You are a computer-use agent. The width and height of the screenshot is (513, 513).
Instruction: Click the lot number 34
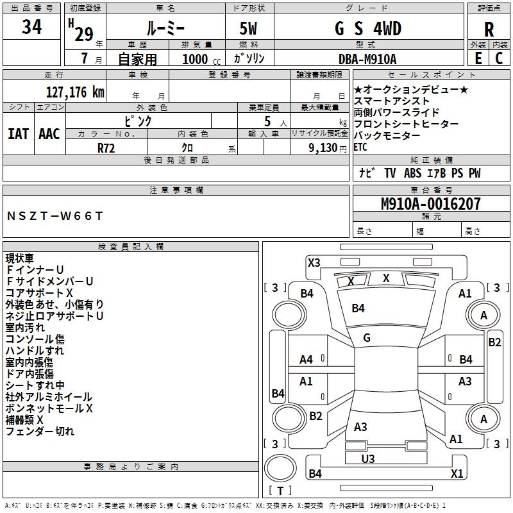[x=32, y=27]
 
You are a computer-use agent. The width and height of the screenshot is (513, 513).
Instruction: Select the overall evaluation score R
[x=489, y=29]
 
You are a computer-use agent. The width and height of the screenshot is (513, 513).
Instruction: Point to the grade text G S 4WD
[x=368, y=29]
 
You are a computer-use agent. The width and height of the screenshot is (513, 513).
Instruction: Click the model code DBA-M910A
[x=367, y=59]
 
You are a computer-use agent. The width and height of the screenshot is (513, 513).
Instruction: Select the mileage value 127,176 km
[x=75, y=92]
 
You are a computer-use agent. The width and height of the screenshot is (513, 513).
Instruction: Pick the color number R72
[x=106, y=147]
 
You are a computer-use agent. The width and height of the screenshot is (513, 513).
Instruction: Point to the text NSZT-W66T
[x=55, y=216]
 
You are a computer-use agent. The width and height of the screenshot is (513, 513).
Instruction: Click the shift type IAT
[x=19, y=134]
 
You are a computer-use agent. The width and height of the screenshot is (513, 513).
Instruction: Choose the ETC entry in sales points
[x=361, y=147]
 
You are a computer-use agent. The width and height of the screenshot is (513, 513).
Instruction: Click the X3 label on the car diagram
[x=314, y=262]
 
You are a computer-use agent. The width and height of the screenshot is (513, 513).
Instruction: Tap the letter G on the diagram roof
[x=367, y=338]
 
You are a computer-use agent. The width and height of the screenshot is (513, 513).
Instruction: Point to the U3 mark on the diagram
[x=368, y=458]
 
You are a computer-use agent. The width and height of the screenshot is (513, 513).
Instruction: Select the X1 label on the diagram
[x=457, y=474]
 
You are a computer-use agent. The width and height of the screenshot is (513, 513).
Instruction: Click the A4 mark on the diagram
[x=307, y=360]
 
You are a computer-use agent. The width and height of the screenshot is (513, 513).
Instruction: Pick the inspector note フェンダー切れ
[x=40, y=432]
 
